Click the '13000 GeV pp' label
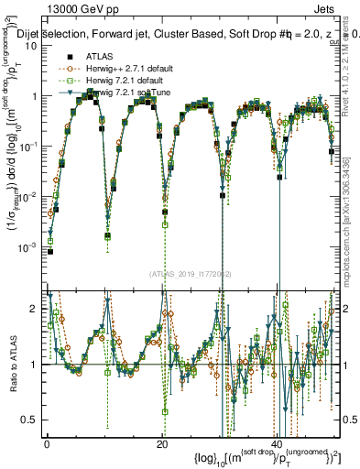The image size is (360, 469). coord(80,8)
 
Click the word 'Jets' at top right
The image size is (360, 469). coord(325,8)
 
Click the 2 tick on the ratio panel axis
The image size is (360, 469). coord(37,309)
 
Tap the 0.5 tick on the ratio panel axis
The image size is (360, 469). coord(33,420)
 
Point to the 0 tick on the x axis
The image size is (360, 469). coord(47,443)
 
